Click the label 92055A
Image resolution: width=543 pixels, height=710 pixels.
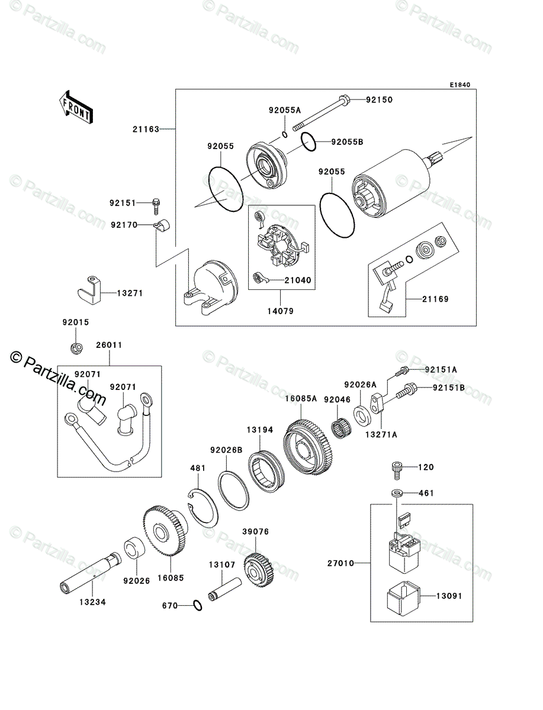(284, 110)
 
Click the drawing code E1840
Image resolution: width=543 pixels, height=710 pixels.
(459, 85)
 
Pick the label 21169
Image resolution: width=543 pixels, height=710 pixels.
(435, 299)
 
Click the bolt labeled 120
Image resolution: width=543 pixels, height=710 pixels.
(396, 468)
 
